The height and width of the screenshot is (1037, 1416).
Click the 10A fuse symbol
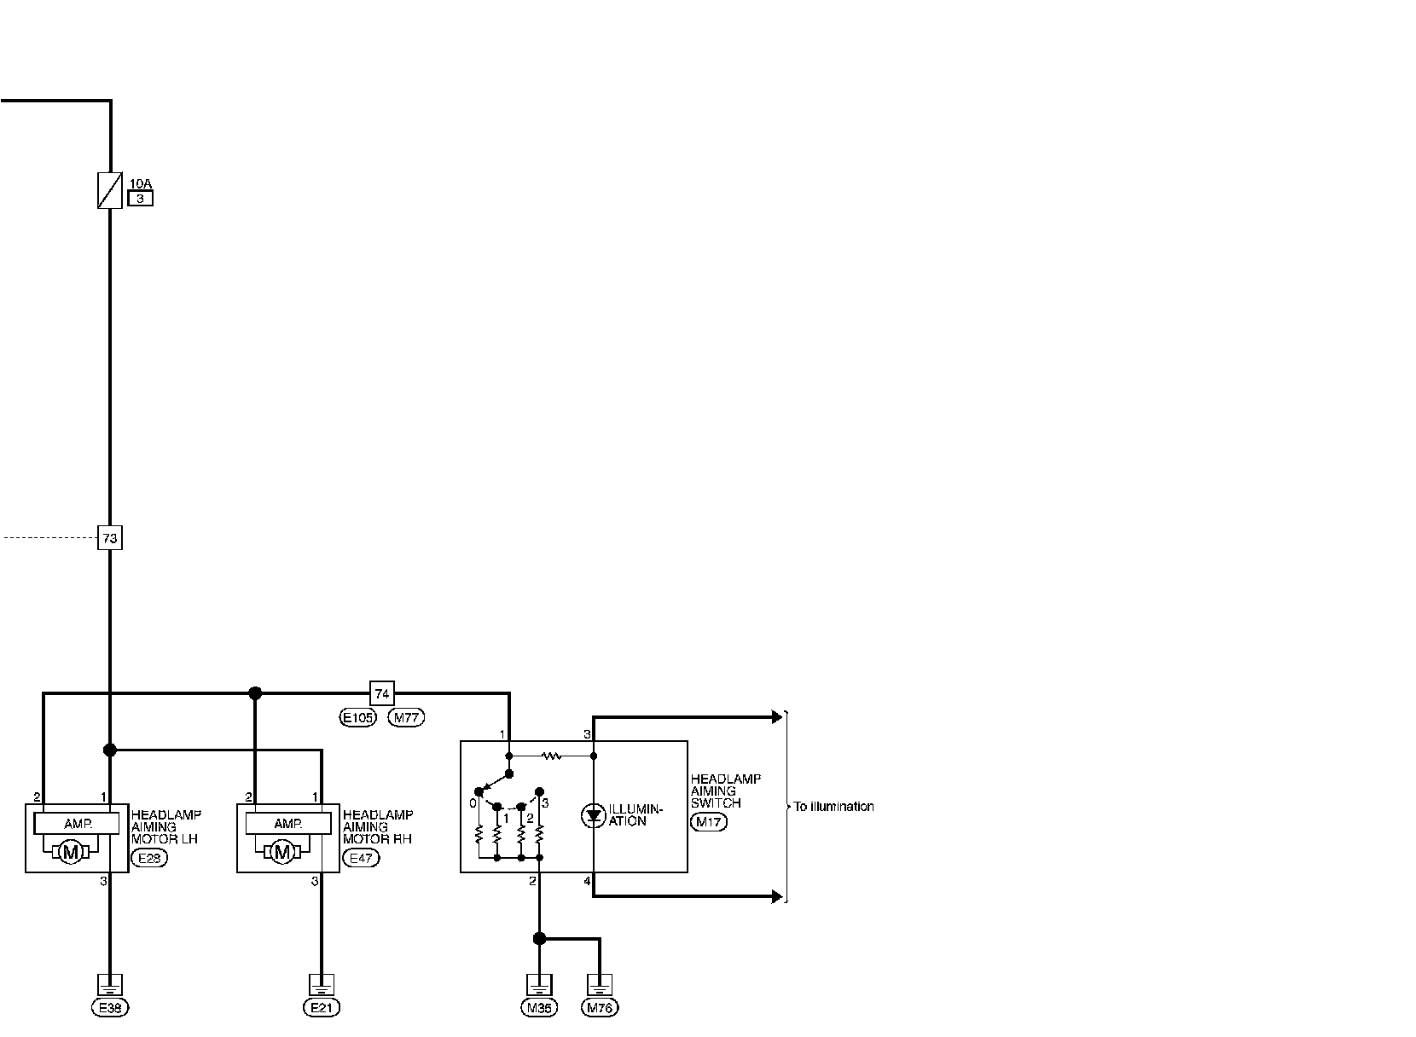click(109, 190)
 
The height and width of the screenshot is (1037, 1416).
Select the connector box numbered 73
click(109, 538)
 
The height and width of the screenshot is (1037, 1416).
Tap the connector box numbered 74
click(381, 693)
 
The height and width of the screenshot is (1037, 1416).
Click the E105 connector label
click(357, 718)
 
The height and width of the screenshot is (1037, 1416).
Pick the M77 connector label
click(406, 718)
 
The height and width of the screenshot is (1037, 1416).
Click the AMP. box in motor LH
click(78, 824)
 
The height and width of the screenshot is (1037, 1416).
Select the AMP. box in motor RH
click(288, 824)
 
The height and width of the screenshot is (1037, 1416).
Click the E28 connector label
click(149, 859)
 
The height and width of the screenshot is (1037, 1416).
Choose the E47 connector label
click(361, 859)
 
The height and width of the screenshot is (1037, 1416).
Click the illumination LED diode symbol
click(594, 816)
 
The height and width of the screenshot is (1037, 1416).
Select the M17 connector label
click(708, 823)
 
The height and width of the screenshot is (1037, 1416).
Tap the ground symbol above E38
click(109, 984)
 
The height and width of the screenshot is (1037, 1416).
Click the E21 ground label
click(322, 1008)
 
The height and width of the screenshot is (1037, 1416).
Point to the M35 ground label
click(539, 1008)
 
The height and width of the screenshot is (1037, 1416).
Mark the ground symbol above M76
click(600, 984)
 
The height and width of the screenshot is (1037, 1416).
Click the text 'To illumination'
click(833, 807)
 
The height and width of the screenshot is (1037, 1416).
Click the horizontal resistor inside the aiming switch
click(551, 756)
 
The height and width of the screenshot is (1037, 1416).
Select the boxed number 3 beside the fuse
click(140, 199)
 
